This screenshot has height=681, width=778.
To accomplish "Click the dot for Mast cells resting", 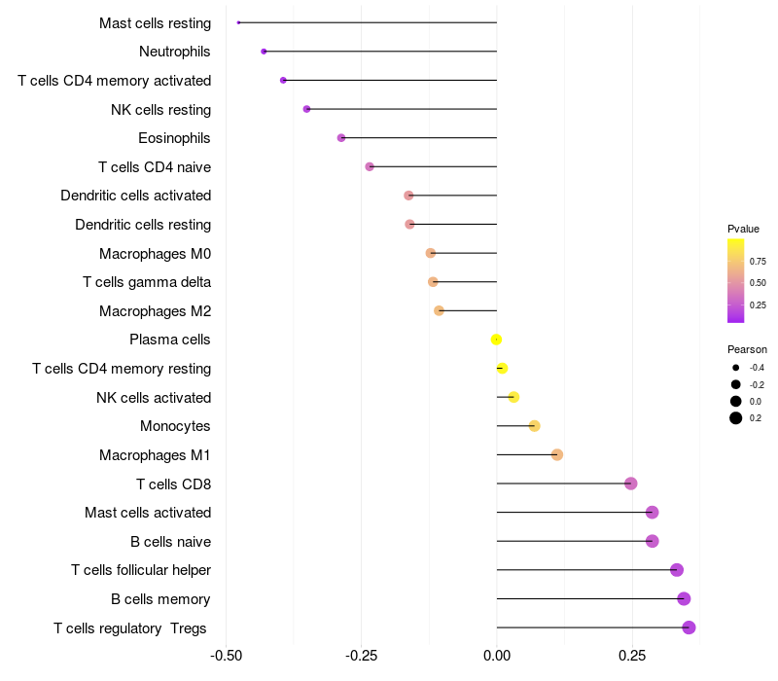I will tap(238, 22).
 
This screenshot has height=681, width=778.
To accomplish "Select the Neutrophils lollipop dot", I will tap(264, 51).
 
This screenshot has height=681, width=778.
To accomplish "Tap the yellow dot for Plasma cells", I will tap(496, 340).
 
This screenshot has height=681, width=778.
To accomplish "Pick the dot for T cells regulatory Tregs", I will tap(689, 627).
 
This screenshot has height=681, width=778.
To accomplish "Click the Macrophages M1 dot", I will tap(557, 454).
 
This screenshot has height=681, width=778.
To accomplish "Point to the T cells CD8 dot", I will tap(630, 484).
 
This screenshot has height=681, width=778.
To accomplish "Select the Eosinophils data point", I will tap(341, 138).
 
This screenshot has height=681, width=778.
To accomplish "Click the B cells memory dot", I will tap(684, 599).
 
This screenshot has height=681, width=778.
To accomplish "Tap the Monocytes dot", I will tap(534, 426).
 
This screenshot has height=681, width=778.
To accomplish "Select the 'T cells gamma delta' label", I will tap(147, 282).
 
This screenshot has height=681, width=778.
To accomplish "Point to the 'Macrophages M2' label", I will tap(155, 311).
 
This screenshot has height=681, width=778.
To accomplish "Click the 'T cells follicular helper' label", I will tap(141, 570).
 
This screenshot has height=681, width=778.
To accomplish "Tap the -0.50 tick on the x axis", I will tap(227, 655).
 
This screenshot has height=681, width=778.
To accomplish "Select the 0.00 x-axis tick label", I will tap(496, 655).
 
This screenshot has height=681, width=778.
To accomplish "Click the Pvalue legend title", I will tap(743, 229).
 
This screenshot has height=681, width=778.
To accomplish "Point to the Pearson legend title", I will tap(747, 349).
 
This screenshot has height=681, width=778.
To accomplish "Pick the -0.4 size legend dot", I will tap(736, 368).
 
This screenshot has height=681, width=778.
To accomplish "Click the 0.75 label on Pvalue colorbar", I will tap(758, 262).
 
